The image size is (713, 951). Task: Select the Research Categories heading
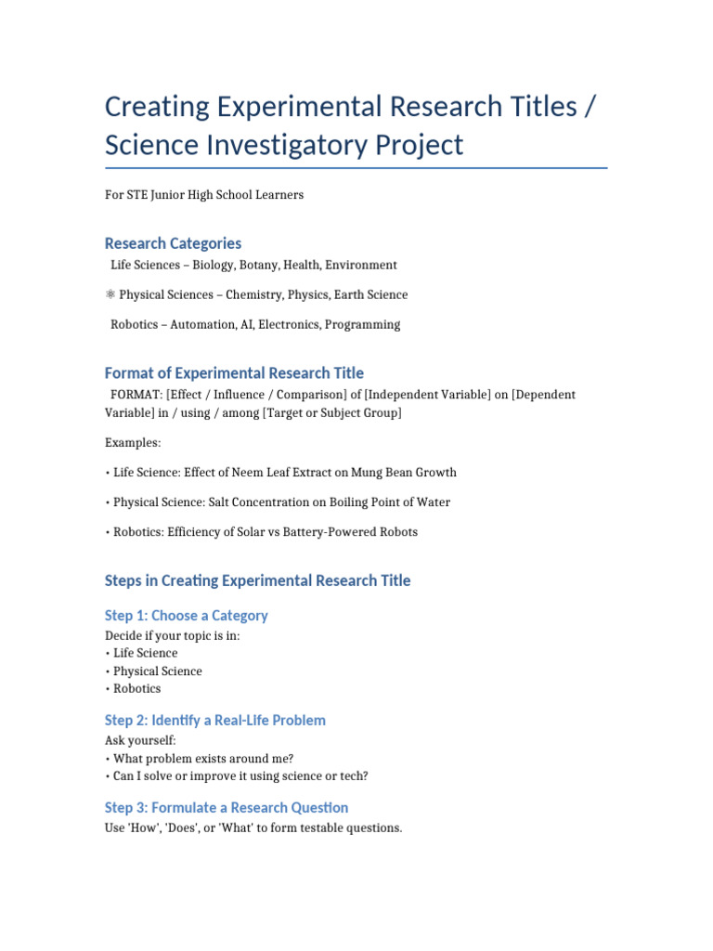pos(173,243)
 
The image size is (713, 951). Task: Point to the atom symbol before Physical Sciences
pos(110,295)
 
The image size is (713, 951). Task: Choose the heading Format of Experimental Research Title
pos(234,373)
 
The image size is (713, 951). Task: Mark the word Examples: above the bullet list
pos(133,443)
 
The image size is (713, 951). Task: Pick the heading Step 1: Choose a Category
pos(186,616)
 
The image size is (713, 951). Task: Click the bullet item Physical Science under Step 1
pos(157,671)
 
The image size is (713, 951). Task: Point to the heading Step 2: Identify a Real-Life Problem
pos(214,721)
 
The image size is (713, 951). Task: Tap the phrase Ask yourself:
pos(140,740)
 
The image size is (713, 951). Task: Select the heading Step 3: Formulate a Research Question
pos(227,808)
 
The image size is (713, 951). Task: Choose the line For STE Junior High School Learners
pos(204,195)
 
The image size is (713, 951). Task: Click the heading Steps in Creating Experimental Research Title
pos(257,581)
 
